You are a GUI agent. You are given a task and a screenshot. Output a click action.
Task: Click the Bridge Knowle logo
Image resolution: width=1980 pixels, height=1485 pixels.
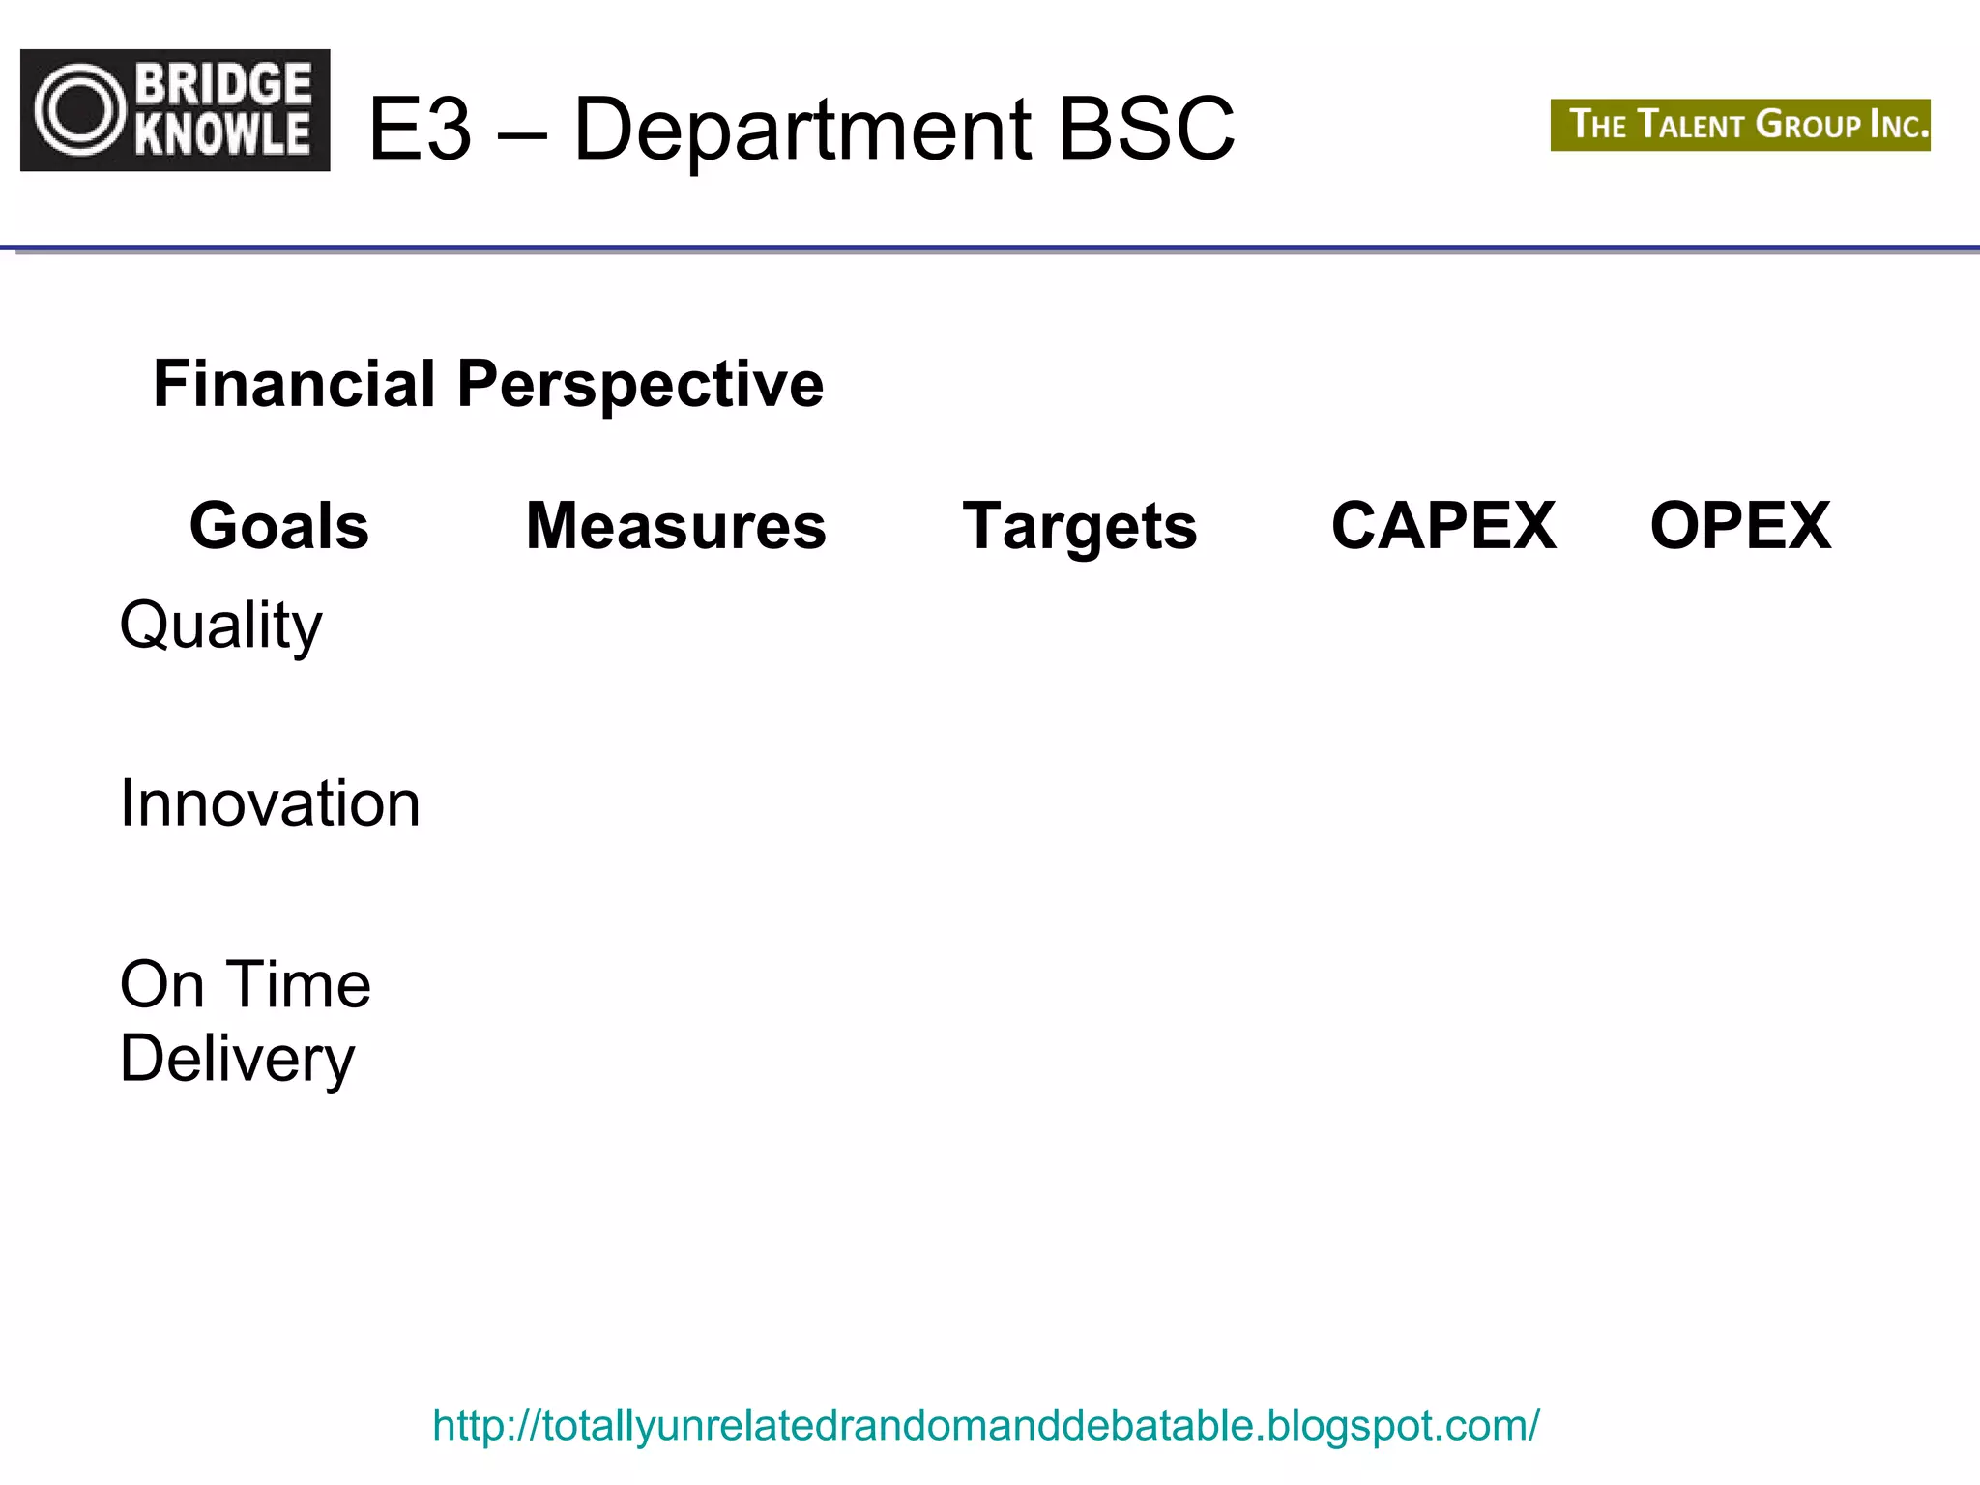[x=175, y=110]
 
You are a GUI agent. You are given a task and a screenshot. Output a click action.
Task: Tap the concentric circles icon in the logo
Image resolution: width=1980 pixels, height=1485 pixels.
[x=81, y=110]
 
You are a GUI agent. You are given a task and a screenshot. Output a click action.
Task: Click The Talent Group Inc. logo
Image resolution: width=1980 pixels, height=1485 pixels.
[x=1740, y=125]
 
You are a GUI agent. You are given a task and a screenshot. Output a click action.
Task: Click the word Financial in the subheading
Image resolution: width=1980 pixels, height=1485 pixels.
[x=294, y=384]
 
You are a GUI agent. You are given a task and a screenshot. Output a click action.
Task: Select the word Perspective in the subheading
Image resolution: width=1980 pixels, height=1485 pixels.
[x=640, y=384]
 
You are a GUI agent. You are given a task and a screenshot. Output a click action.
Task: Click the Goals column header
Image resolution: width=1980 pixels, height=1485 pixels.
[x=279, y=526]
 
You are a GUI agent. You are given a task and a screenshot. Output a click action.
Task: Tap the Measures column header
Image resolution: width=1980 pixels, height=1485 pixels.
[x=676, y=526]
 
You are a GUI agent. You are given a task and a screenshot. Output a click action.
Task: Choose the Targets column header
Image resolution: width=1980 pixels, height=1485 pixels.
[x=1080, y=526]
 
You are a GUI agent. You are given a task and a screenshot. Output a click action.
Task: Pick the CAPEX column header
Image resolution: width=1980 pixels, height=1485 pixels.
[x=1443, y=526]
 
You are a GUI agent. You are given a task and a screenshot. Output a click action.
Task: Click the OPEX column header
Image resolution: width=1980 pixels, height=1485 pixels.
[x=1740, y=526]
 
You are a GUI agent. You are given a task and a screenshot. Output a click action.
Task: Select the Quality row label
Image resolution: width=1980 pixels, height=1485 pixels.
[x=220, y=626]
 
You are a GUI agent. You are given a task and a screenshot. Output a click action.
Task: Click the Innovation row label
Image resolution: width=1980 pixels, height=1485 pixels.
[x=270, y=803]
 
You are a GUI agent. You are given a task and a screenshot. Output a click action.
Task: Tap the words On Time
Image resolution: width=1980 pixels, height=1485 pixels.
[x=245, y=985]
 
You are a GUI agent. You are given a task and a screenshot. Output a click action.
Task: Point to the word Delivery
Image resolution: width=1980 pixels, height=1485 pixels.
[x=237, y=1060]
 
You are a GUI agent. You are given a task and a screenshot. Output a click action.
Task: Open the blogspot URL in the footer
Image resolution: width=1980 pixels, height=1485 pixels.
[x=985, y=1425]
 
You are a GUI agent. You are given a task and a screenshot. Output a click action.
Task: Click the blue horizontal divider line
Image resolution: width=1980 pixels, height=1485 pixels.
[x=990, y=248]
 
